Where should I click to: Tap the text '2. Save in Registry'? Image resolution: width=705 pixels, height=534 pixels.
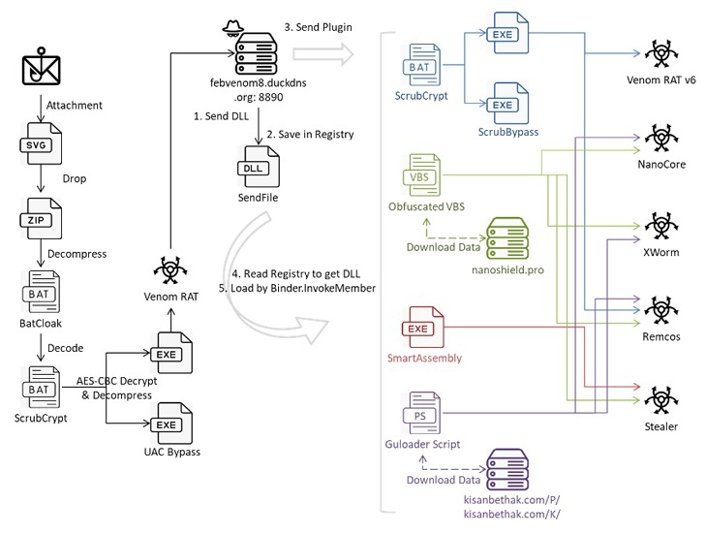[x=311, y=134]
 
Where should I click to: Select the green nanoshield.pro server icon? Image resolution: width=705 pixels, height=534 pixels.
[x=507, y=236]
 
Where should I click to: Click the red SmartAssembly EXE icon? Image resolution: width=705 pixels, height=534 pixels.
[x=418, y=329]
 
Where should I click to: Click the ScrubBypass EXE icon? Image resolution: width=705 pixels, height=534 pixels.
[x=505, y=103]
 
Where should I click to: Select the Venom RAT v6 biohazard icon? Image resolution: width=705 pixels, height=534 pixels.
[x=659, y=55]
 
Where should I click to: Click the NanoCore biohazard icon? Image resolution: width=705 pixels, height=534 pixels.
[x=659, y=138]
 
